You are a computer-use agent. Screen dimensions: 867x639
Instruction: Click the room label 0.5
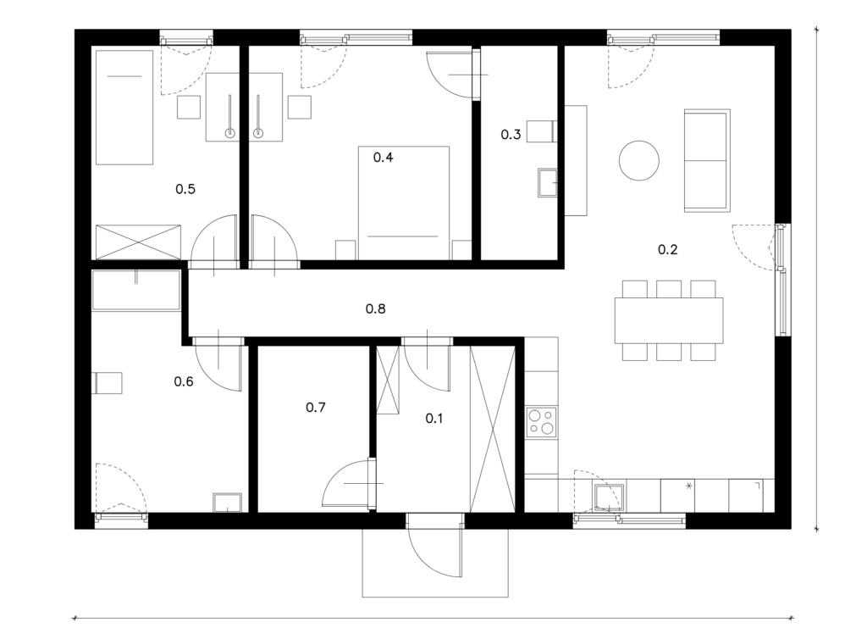click(x=185, y=189)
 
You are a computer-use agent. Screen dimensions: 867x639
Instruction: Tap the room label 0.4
click(x=384, y=158)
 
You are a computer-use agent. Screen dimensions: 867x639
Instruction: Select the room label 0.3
click(x=511, y=135)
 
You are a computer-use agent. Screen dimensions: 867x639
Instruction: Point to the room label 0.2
click(x=667, y=249)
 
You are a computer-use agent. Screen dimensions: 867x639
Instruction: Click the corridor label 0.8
click(x=375, y=308)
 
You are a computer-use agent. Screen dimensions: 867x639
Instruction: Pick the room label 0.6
click(x=184, y=381)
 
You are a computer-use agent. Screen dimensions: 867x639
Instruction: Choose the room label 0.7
click(x=316, y=408)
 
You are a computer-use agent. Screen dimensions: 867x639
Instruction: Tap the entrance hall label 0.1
click(x=434, y=419)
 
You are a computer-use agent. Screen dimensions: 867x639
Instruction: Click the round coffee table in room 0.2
click(x=638, y=160)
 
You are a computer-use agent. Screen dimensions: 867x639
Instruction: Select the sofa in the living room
click(x=707, y=160)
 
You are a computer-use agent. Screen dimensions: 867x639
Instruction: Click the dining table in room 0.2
click(x=669, y=320)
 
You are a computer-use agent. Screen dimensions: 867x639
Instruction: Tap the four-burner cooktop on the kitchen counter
click(x=541, y=423)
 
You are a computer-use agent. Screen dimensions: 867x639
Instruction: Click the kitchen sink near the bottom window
click(x=608, y=497)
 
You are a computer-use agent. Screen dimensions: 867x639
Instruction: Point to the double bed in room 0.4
click(x=404, y=203)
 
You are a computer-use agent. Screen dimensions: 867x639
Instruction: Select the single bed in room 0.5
click(x=124, y=108)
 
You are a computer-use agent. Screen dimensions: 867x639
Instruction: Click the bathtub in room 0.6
click(x=136, y=290)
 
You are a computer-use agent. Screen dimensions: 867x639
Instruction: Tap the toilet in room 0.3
click(x=541, y=131)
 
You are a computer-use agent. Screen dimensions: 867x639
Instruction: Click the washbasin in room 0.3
click(x=548, y=182)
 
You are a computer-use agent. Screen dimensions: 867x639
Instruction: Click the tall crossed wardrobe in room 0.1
click(x=492, y=429)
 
